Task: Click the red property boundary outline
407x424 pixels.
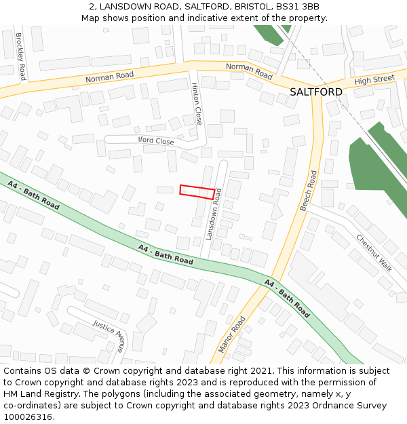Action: click(197, 191)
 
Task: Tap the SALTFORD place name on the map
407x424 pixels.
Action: click(315, 92)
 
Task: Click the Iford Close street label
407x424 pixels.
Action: click(156, 141)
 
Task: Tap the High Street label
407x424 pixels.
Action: click(374, 79)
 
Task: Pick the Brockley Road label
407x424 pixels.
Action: click(21, 56)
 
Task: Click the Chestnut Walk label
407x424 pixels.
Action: click(374, 252)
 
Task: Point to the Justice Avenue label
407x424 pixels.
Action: click(109, 335)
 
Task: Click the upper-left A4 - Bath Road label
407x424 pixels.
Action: click(34, 194)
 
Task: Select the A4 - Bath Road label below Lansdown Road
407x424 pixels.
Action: click(166, 254)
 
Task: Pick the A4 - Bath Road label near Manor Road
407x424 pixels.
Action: click(287, 298)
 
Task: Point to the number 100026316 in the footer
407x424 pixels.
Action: click(28, 417)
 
